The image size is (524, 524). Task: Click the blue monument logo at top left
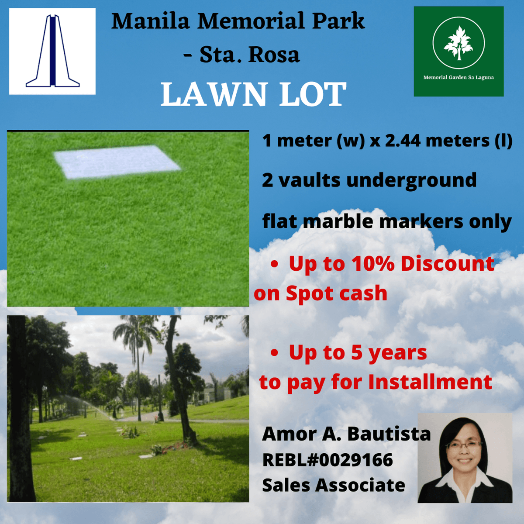click(52, 51)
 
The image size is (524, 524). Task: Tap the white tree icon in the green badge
click(458, 43)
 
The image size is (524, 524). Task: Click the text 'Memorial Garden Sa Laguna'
click(458, 77)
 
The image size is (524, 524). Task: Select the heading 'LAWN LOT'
click(253, 95)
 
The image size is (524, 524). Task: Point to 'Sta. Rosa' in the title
click(250, 55)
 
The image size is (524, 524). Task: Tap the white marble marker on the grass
click(117, 162)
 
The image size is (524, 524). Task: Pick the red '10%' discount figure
click(373, 264)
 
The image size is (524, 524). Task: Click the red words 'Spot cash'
click(336, 293)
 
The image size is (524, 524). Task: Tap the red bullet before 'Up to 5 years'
click(274, 353)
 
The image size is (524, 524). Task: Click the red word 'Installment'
click(430, 382)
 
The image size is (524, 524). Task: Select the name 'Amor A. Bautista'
click(346, 434)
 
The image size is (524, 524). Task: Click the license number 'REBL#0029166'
click(327, 460)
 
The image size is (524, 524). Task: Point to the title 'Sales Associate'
click(334, 485)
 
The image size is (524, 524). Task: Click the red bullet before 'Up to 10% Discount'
click(274, 264)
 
